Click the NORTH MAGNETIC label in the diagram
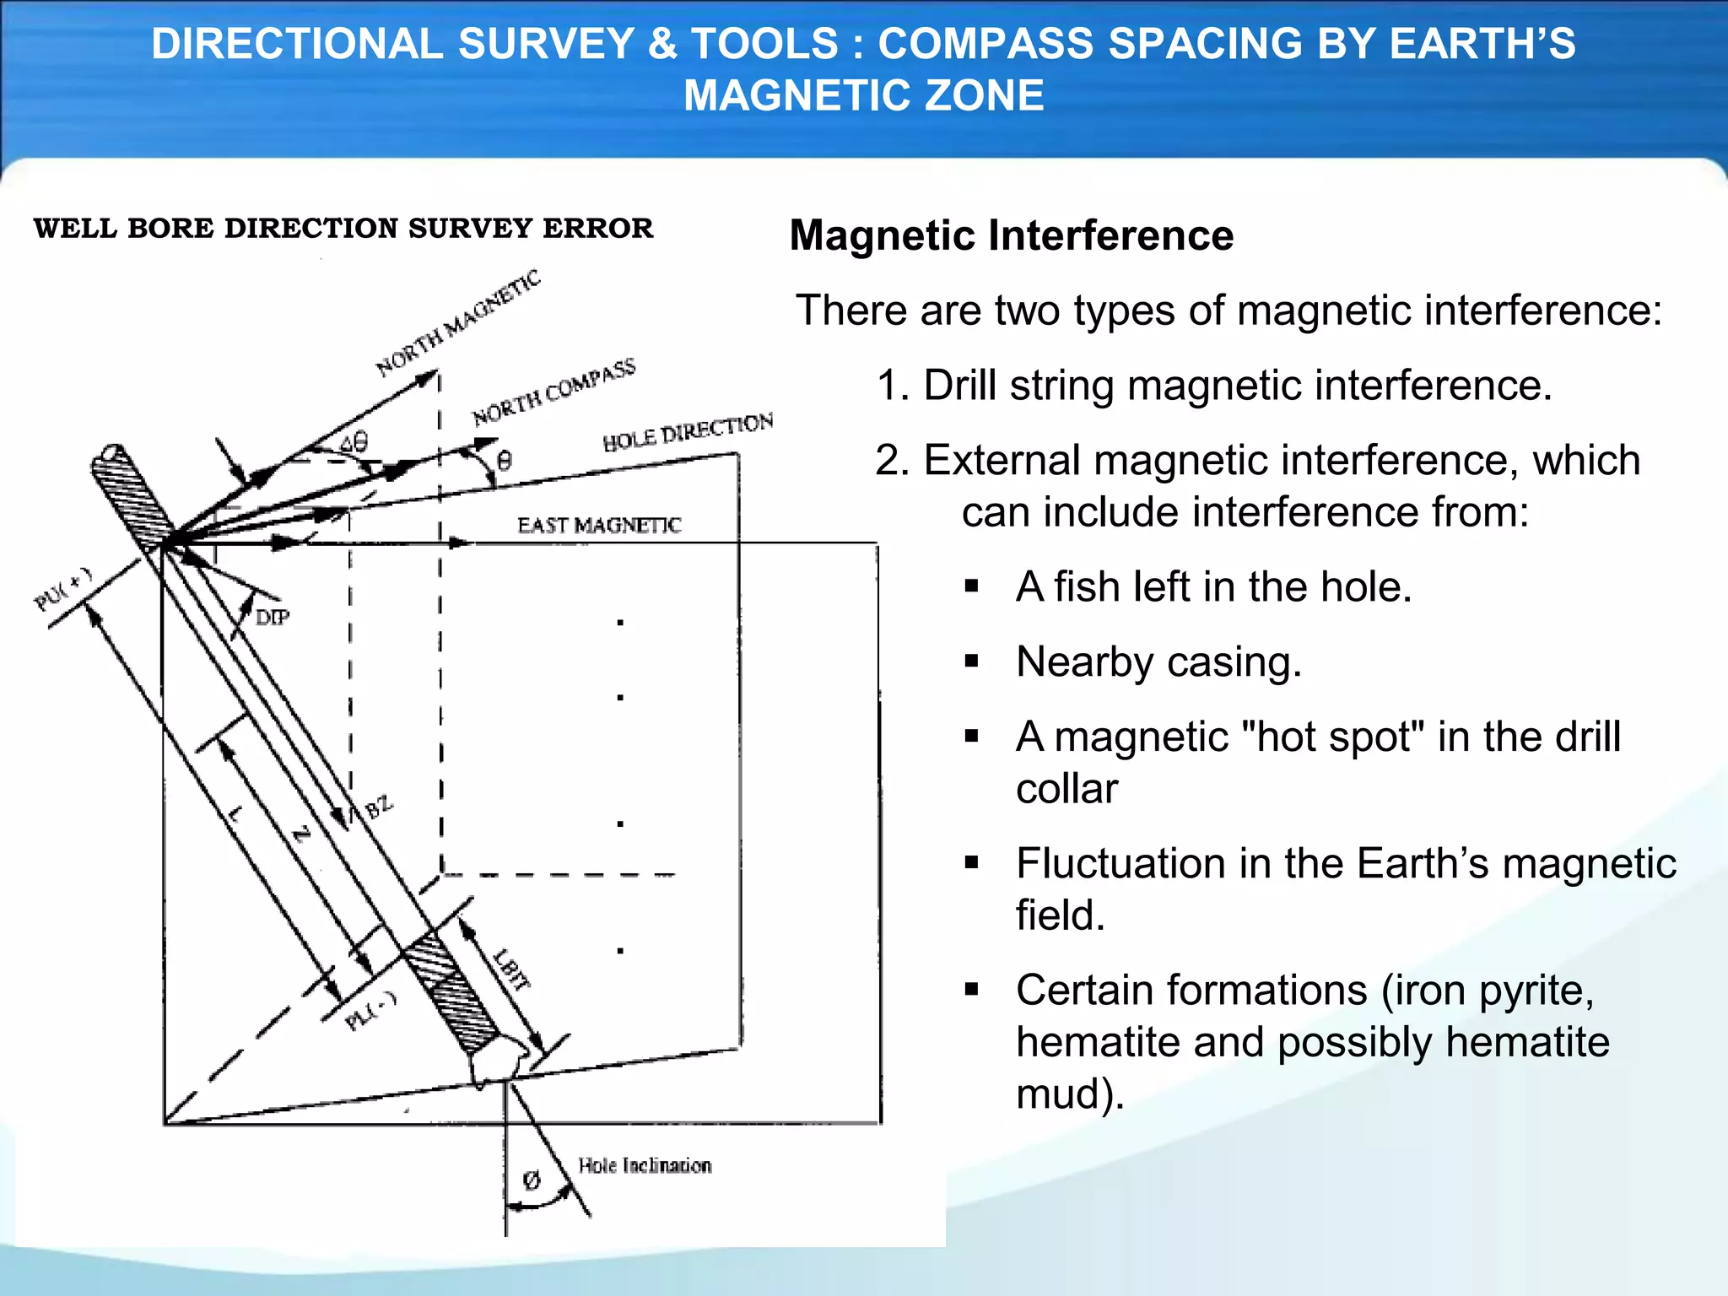[458, 323]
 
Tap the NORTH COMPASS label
[553, 392]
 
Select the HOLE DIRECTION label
[688, 432]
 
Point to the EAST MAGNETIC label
[598, 526]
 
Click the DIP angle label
[272, 618]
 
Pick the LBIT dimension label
[512, 969]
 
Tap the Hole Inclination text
[645, 1166]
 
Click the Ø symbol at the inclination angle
[531, 1180]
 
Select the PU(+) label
[62, 590]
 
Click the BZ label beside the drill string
[378, 807]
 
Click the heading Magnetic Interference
[1011, 235]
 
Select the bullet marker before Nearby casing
[971, 661]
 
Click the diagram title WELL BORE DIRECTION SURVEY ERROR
[343, 229]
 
